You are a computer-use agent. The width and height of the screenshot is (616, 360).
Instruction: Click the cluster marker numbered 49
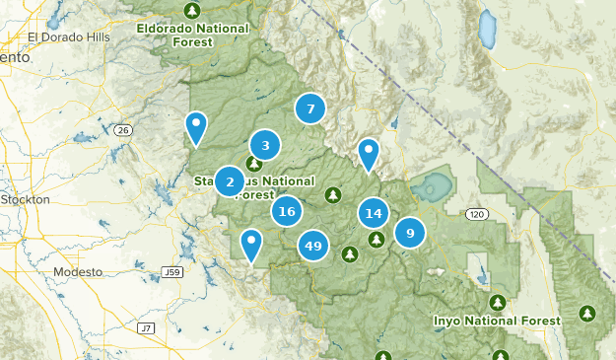pyautogui.click(x=313, y=246)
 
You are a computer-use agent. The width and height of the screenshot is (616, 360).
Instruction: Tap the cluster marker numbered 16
pyautogui.click(x=287, y=211)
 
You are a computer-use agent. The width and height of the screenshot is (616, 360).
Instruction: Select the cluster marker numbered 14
pyautogui.click(x=374, y=213)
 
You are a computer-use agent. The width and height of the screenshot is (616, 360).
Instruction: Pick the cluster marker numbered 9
pyautogui.click(x=410, y=233)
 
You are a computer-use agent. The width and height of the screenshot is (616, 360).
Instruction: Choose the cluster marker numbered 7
pyautogui.click(x=310, y=109)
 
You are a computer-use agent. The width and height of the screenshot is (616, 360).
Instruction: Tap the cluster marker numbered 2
pyautogui.click(x=230, y=181)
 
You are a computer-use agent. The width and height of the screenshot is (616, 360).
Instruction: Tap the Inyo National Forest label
pyautogui.click(x=497, y=321)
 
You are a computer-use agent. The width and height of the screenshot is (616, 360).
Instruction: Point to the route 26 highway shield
pyautogui.click(x=122, y=129)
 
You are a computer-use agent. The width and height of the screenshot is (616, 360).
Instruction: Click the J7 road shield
pyautogui.click(x=146, y=327)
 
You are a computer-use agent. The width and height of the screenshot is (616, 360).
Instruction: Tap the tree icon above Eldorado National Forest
pyautogui.click(x=192, y=11)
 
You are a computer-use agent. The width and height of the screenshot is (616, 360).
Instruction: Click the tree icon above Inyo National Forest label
pyautogui.click(x=498, y=302)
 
